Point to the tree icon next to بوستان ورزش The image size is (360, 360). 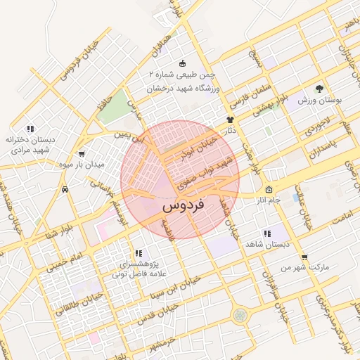click(320, 89)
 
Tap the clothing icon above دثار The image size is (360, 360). click(230, 120)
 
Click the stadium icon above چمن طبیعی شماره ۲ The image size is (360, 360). click(183, 63)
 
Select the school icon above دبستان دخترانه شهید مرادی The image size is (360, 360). click(30, 129)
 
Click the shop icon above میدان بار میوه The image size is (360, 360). click(82, 153)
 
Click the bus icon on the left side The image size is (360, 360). click(65, 189)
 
